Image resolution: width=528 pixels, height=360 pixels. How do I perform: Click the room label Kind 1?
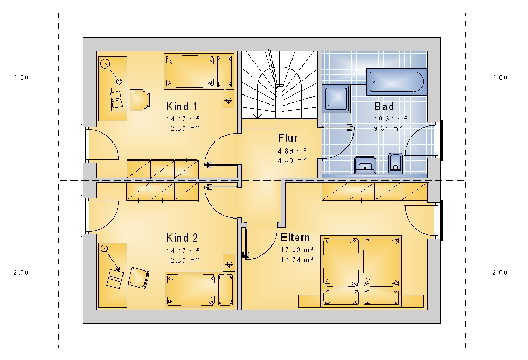click(182, 107)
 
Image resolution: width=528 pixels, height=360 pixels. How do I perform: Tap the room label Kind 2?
click(182, 238)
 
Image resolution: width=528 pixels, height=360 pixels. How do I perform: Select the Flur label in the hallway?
click(288, 138)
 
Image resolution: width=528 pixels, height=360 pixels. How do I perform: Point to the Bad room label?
click(384, 107)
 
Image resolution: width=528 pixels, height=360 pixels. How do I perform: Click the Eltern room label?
click(295, 238)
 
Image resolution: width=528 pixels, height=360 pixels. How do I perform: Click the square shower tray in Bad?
click(336, 99)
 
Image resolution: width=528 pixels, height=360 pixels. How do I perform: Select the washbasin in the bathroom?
click(365, 165)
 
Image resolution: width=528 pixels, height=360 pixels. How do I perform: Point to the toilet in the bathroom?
click(395, 163)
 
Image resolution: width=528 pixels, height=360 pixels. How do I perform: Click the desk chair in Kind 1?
click(139, 100)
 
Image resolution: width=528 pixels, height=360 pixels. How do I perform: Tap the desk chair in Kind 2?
click(138, 278)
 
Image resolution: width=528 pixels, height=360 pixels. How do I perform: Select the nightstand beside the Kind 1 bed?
click(228, 99)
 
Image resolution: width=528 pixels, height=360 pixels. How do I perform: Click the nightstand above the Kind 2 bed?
click(229, 263)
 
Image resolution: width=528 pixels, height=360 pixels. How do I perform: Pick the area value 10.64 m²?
click(391, 119)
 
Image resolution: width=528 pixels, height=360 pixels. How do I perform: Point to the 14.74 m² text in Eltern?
click(297, 260)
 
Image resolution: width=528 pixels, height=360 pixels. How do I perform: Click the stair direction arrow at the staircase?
click(257, 115)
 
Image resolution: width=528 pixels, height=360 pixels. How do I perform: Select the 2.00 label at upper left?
click(21, 78)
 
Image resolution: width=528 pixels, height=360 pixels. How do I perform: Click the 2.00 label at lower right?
click(499, 273)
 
